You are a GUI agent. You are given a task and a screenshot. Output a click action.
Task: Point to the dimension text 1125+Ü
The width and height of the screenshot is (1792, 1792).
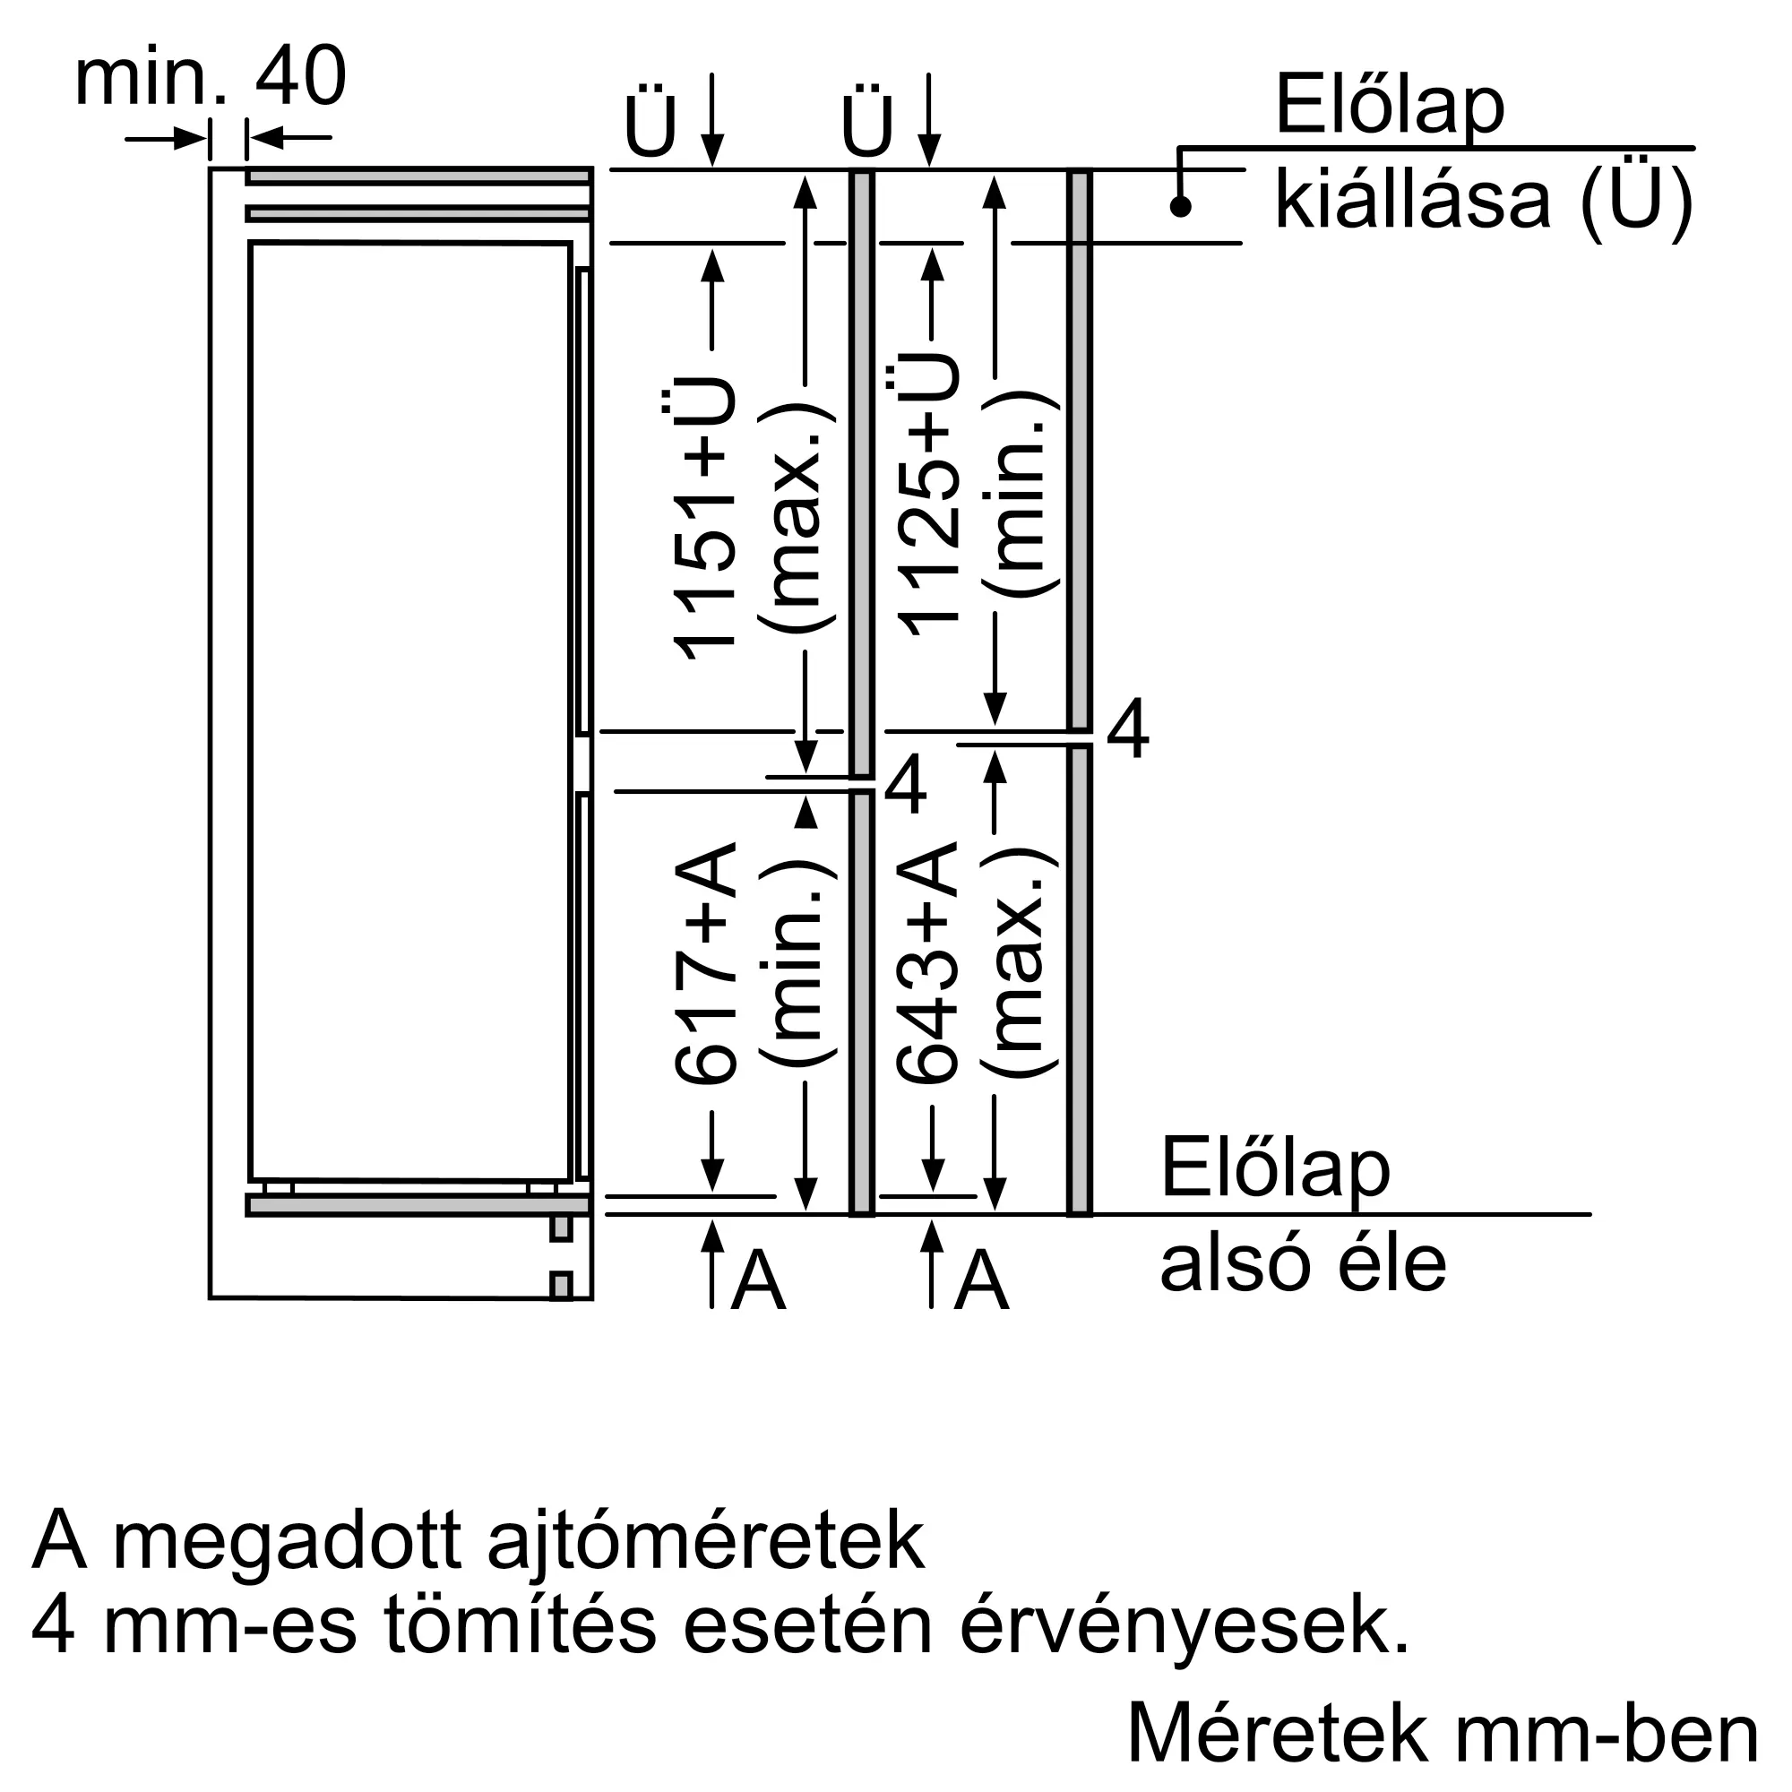click(927, 496)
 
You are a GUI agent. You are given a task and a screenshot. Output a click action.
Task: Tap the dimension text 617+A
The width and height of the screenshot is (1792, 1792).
click(705, 965)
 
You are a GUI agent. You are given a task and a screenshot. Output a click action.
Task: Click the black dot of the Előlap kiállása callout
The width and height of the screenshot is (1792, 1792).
click(1180, 207)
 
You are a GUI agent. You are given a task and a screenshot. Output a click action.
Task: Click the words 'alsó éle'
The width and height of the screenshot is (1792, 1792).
click(1302, 1265)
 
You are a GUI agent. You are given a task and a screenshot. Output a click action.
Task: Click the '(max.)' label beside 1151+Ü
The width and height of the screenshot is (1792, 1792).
click(797, 520)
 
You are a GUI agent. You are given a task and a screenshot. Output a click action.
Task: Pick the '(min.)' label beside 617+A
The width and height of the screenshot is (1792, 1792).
click(797, 965)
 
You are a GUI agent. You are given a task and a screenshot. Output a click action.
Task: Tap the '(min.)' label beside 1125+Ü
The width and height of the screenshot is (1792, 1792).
click(1021, 496)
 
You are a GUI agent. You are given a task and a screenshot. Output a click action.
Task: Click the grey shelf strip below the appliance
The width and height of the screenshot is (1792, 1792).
click(418, 1206)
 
